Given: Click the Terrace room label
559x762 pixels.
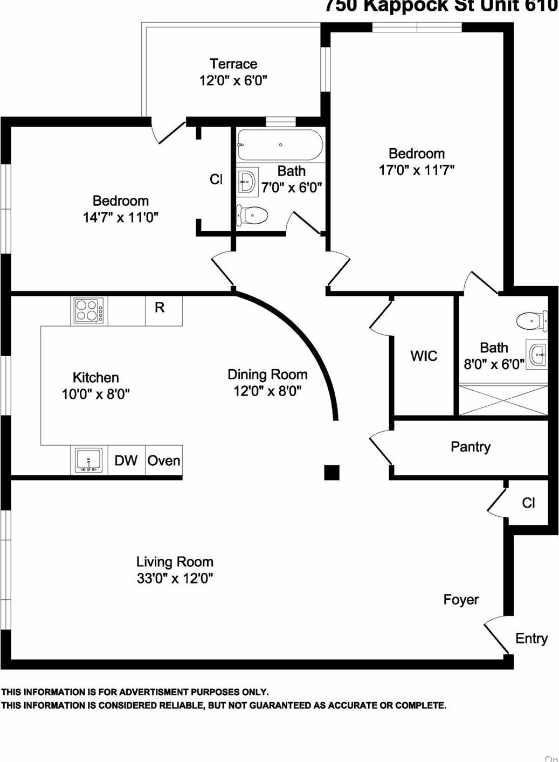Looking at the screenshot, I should click(x=233, y=64).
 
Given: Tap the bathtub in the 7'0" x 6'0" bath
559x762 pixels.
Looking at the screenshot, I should click(x=280, y=144).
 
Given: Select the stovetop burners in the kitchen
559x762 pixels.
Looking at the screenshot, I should click(x=88, y=311).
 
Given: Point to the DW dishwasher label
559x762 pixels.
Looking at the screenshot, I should click(x=126, y=461).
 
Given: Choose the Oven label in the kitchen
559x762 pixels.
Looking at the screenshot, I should click(x=164, y=461).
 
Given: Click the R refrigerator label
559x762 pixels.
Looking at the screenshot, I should click(x=160, y=308).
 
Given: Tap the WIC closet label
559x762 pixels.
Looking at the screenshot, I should click(x=424, y=356).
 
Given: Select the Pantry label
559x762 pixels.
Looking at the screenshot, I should click(x=471, y=447).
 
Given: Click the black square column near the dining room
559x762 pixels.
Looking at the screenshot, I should click(x=332, y=472).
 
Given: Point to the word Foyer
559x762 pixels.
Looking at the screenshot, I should click(x=461, y=600).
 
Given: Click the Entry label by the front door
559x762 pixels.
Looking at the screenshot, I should click(x=532, y=639).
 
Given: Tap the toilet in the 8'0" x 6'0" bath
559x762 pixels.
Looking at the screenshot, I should click(x=530, y=321).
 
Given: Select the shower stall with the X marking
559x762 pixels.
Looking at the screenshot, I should click(x=503, y=399).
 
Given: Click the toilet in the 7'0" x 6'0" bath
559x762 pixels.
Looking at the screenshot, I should click(x=252, y=216).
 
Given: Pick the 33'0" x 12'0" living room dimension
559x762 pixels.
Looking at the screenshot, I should click(x=175, y=579).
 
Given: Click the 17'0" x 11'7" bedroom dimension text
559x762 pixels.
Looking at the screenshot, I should click(x=416, y=170).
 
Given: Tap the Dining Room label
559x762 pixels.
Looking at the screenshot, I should click(x=267, y=375).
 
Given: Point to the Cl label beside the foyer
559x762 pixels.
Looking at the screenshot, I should click(x=528, y=503).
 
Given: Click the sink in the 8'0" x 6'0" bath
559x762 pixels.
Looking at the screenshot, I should click(x=537, y=355).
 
